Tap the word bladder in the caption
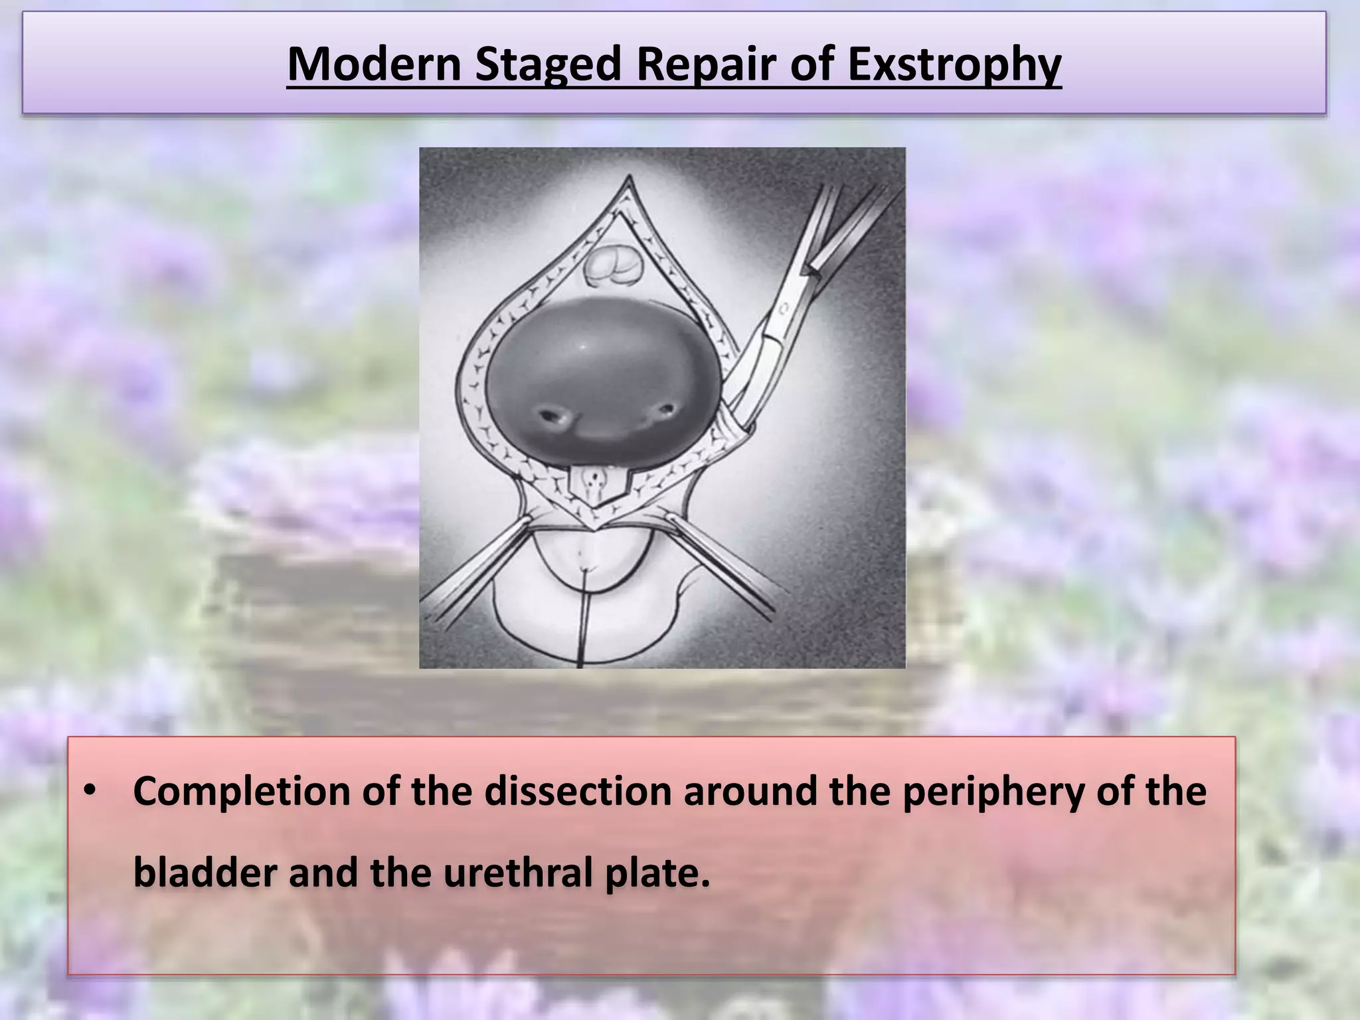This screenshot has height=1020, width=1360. click(x=205, y=873)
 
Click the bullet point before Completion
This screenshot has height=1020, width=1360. click(x=90, y=793)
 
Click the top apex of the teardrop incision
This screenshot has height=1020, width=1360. click(x=630, y=181)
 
